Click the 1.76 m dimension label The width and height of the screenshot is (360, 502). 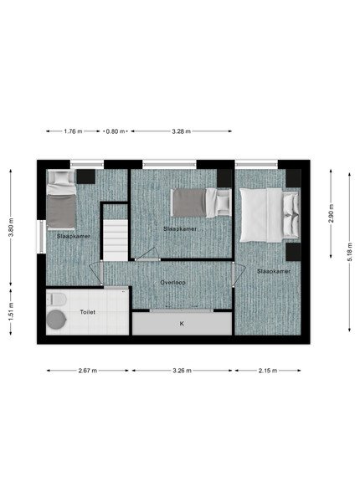(73, 131)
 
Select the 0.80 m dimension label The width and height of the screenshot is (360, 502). (116, 131)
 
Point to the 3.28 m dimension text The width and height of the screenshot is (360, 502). (182, 131)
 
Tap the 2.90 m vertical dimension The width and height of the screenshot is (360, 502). (332, 213)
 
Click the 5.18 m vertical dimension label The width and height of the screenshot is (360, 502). (349, 252)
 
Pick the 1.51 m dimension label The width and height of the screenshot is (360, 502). (11, 311)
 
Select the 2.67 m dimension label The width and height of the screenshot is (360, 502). (88, 371)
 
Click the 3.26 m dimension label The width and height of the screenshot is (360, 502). (182, 371)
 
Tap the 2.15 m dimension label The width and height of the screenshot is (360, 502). (268, 371)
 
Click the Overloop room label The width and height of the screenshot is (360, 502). (173, 283)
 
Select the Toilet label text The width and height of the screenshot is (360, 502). (87, 312)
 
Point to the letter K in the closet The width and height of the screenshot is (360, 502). (182, 324)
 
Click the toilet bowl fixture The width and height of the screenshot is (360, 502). (56, 300)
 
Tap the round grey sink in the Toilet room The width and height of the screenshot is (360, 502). (56, 320)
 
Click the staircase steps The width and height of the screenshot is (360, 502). (116, 239)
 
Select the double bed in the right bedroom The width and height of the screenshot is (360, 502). (270, 215)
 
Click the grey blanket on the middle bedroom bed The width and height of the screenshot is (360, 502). (189, 202)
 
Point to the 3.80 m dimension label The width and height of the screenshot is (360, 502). (11, 228)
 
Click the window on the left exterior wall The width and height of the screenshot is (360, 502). (42, 236)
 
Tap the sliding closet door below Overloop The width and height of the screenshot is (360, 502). (182, 310)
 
